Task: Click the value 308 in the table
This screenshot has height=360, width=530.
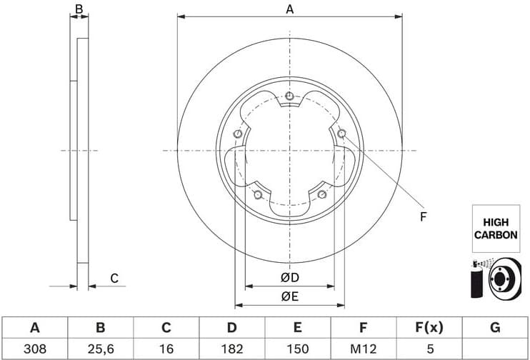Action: pyautogui.click(x=34, y=349)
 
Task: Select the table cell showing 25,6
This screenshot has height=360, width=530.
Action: pyautogui.click(x=100, y=349)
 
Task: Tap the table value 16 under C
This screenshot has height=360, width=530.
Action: pyautogui.click(x=166, y=349)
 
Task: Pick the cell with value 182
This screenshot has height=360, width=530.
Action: pyautogui.click(x=231, y=349)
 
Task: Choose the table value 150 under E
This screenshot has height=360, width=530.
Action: pyautogui.click(x=297, y=349)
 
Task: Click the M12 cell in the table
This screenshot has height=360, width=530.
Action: pyautogui.click(x=363, y=349)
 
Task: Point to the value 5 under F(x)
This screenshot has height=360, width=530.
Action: pyautogui.click(x=429, y=349)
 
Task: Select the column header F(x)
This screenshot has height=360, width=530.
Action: pyautogui.click(x=429, y=328)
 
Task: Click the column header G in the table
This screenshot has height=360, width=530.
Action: pyautogui.click(x=494, y=328)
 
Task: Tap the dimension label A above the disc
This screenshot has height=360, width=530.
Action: pyautogui.click(x=289, y=9)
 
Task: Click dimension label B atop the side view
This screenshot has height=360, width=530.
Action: pyautogui.click(x=79, y=9)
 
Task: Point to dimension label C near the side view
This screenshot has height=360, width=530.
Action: pyautogui.click(x=114, y=279)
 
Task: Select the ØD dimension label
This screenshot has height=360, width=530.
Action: pyautogui.click(x=289, y=278)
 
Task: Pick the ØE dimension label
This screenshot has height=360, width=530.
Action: pyautogui.click(x=289, y=296)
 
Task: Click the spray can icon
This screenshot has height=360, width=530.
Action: pyautogui.click(x=476, y=279)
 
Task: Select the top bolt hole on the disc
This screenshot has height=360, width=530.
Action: pyautogui.click(x=289, y=96)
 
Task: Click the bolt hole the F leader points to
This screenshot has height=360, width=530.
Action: pyautogui.click(x=341, y=133)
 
